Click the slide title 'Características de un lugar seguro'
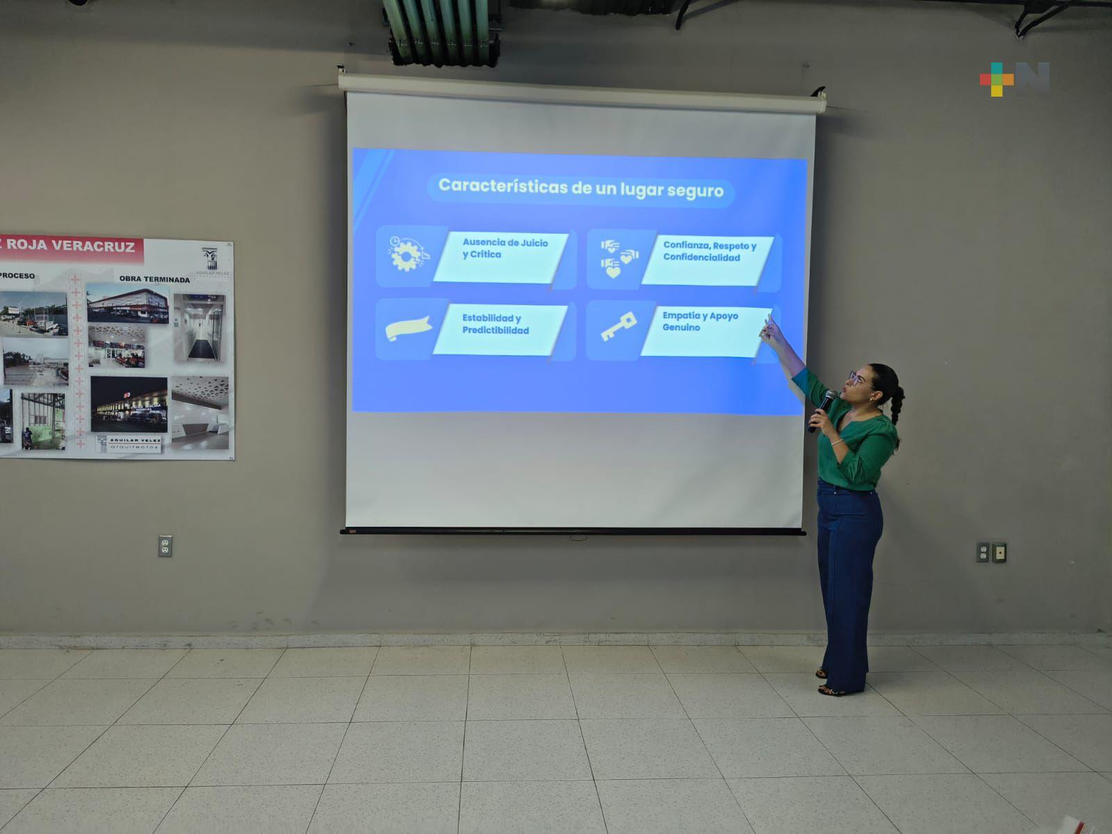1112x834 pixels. (580, 188)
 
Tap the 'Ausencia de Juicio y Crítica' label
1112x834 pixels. (505, 249)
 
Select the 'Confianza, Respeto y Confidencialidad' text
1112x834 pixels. (709, 252)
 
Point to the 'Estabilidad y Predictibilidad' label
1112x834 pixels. (495, 325)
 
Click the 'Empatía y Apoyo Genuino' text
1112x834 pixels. (699, 322)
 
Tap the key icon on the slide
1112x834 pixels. (618, 327)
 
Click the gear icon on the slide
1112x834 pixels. (406, 254)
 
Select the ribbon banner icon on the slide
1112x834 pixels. (408, 328)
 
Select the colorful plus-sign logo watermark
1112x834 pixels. (997, 79)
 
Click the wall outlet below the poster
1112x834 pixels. (165, 546)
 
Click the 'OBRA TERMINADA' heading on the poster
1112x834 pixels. (154, 279)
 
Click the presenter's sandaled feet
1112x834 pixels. (831, 684)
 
